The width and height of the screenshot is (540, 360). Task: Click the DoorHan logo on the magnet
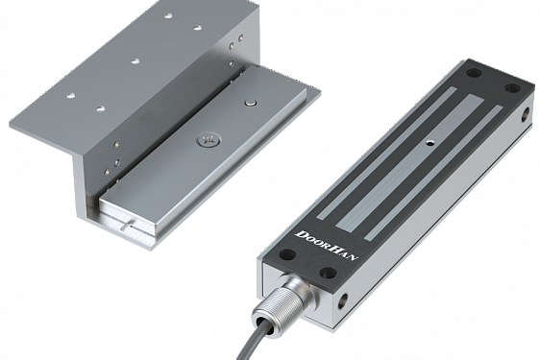(x=327, y=246)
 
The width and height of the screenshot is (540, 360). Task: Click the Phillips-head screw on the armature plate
(x=207, y=140)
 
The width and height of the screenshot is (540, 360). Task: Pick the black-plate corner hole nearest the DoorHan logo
(x=286, y=254)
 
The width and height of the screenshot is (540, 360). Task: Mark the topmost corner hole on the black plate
(x=473, y=73)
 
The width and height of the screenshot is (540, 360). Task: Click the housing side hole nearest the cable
(x=342, y=299)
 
